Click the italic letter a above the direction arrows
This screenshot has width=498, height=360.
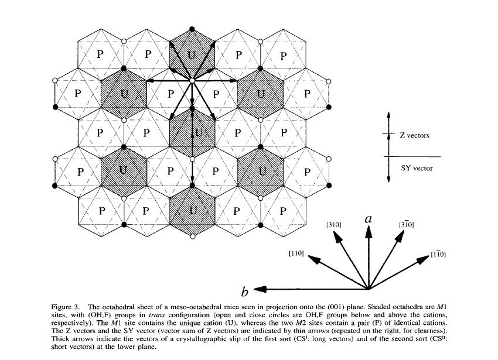[369, 219]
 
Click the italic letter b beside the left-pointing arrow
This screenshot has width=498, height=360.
[245, 290]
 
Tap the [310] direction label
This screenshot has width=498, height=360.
[333, 225]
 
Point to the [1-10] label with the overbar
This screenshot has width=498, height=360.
[438, 254]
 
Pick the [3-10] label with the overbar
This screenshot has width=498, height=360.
[407, 224]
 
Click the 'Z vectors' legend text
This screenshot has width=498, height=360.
[414, 135]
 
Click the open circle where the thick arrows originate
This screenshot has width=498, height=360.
[192, 80]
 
